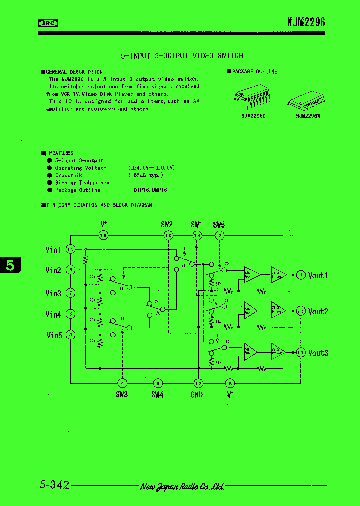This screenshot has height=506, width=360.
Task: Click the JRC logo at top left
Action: tap(48, 23)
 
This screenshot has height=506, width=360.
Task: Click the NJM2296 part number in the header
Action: tap(306, 22)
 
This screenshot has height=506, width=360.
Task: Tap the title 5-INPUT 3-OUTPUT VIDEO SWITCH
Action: tap(182, 56)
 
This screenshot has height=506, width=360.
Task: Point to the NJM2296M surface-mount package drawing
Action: tap(306, 102)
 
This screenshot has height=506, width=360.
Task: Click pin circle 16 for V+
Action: tap(104, 235)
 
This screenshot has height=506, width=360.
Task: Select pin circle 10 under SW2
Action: tap(168, 235)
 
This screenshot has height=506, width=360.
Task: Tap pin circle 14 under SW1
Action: tap(197, 235)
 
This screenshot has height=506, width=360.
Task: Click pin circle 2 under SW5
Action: tap(219, 235)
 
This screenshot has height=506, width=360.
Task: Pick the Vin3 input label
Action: tap(53, 293)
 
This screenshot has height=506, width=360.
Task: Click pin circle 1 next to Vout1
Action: tap(300, 274)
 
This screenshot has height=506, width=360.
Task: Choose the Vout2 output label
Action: tap(318, 311)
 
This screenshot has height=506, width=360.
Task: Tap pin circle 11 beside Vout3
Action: tap(300, 352)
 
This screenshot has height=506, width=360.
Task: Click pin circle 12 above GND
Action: tap(198, 383)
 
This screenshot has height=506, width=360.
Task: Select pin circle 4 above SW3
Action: tap(122, 383)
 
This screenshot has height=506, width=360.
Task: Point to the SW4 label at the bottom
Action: tap(157, 395)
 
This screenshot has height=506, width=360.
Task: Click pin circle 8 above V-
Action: tap(230, 383)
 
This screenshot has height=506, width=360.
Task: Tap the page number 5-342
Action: tap(54, 485)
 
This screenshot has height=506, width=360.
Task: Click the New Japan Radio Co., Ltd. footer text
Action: tap(182, 486)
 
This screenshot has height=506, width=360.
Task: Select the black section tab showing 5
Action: tap(10, 266)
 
